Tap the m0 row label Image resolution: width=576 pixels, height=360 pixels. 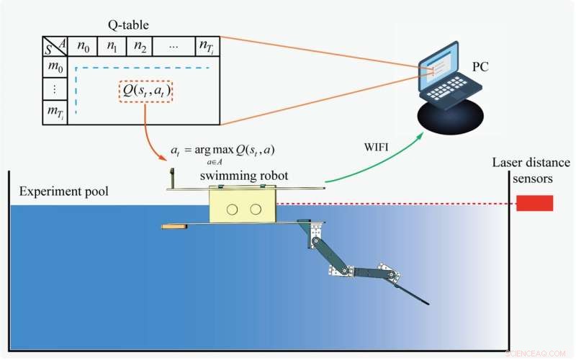[x=54, y=68]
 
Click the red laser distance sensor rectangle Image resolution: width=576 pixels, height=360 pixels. [x=534, y=203]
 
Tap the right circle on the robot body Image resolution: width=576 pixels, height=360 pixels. [x=256, y=209]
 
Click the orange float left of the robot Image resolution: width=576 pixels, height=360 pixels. [x=174, y=227]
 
